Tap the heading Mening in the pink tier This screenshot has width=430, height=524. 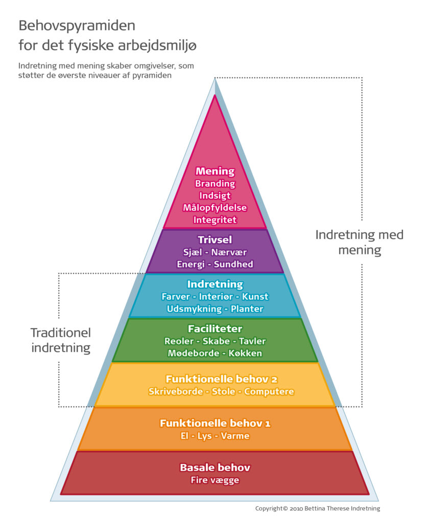215,171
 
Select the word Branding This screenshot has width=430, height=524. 215,183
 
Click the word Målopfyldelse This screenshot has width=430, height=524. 215,208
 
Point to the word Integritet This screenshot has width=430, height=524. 215,220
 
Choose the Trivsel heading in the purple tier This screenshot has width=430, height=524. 215,239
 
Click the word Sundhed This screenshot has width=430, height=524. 234,264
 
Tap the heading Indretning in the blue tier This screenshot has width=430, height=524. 215,284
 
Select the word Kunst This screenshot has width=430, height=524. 255,297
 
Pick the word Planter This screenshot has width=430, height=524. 247,309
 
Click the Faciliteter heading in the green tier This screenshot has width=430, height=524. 215,329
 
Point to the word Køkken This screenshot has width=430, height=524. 245,353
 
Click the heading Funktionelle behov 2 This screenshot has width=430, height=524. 215,379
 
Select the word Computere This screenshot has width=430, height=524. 269,391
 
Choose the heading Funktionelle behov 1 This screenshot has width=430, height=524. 215,423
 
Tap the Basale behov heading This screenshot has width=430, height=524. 215,467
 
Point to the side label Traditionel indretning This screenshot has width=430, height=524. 60,340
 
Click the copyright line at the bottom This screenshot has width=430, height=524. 318,509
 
